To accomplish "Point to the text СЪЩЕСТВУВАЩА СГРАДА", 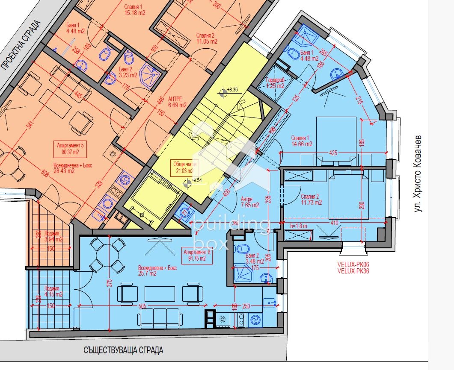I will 124,350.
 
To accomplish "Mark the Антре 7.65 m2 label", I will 249,202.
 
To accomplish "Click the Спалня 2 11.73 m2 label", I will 311,200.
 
